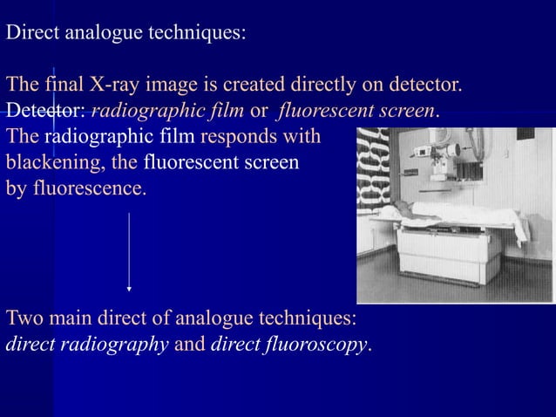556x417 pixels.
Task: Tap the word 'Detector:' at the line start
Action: [44, 112]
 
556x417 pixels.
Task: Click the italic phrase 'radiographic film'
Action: [167, 112]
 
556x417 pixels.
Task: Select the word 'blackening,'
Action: [55, 162]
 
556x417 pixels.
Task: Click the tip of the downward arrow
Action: [129, 288]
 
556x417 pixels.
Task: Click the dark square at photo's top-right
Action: [525, 134]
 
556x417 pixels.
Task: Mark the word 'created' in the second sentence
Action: [254, 86]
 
